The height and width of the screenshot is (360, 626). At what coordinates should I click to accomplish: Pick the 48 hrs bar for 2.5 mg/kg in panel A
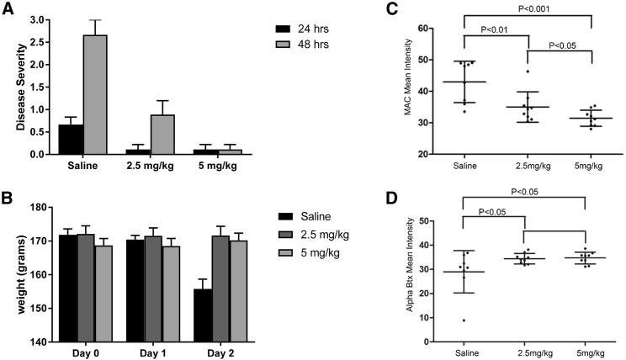pyautogui.click(x=162, y=135)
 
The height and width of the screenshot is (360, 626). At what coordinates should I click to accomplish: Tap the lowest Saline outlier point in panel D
pyautogui.click(x=463, y=320)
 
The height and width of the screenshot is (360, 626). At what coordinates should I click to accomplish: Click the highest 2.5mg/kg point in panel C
pyautogui.click(x=528, y=71)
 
